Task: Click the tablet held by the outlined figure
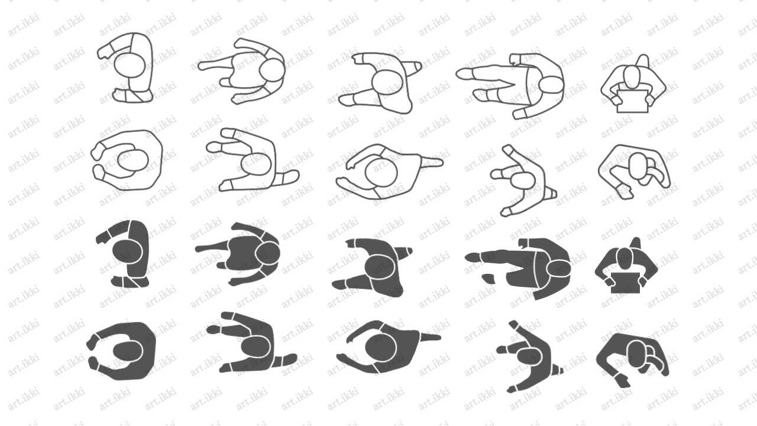point(633,101)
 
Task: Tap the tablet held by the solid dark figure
point(625,283)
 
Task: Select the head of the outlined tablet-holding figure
point(632,78)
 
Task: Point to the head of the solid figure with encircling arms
point(127,351)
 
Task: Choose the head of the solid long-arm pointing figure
point(558,269)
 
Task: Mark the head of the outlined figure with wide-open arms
point(381,172)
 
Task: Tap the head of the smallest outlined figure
point(523,180)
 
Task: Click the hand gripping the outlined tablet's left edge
point(616,100)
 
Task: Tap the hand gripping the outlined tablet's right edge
point(650,100)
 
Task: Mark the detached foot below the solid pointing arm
point(489,279)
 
